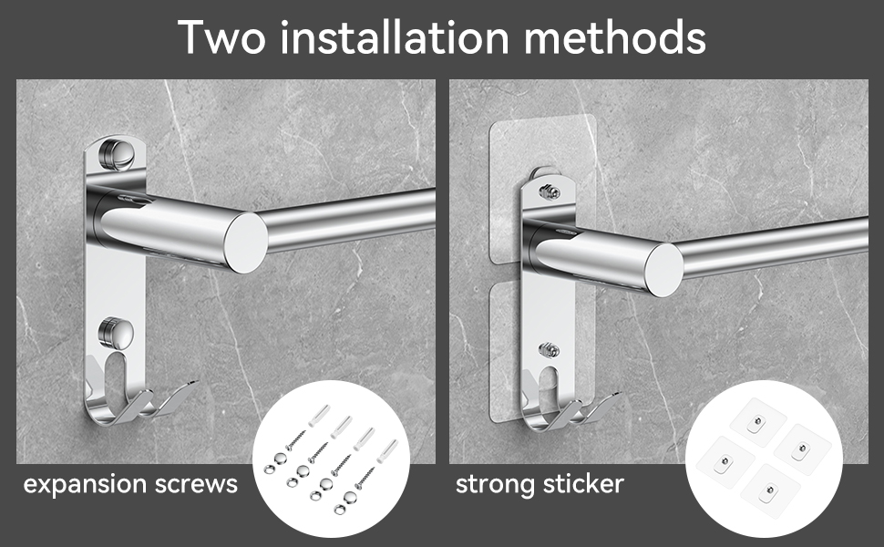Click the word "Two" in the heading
[221, 36]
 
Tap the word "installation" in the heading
[394, 36]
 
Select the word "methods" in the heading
[614, 36]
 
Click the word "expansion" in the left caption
[85, 485]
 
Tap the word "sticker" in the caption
[580, 484]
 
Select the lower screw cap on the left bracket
[116, 333]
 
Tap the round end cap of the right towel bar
[664, 270]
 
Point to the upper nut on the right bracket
[550, 191]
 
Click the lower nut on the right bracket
[550, 350]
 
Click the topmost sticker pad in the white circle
[757, 422]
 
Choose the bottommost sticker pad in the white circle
[769, 490]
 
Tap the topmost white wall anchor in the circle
[319, 415]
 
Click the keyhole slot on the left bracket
[115, 376]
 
